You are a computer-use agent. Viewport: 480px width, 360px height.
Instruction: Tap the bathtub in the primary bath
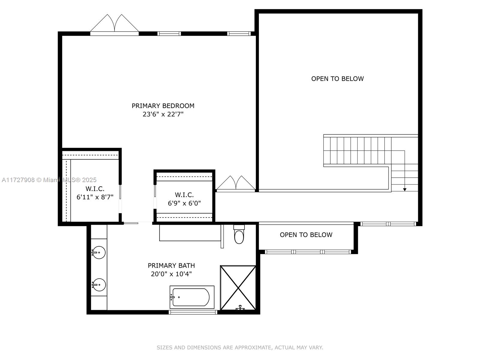(191, 297)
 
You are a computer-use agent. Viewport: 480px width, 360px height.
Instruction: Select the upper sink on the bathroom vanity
(98, 252)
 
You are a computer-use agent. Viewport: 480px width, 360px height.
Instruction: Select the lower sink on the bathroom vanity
(99, 285)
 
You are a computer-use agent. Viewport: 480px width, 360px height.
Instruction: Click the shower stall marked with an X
(238, 287)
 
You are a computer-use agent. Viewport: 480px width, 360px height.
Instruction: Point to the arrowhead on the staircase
(405, 190)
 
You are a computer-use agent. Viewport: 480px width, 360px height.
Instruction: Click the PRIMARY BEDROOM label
(163, 106)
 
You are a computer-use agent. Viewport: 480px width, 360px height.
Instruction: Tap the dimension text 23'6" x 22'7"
(163, 114)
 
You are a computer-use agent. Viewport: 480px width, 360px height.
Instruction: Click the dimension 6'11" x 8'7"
(95, 197)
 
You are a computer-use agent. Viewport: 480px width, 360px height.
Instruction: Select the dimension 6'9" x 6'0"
(184, 203)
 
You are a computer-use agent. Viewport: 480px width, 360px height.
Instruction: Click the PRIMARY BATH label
(171, 265)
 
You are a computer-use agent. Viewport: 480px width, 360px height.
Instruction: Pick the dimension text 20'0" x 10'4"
(171, 274)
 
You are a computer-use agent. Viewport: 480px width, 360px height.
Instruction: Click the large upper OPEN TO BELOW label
(337, 79)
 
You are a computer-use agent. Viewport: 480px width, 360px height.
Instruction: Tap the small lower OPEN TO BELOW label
(306, 235)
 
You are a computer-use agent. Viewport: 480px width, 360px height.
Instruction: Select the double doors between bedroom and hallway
(236, 184)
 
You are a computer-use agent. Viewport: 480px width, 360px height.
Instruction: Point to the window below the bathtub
(193, 312)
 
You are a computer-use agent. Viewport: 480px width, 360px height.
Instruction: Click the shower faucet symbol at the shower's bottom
(240, 308)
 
